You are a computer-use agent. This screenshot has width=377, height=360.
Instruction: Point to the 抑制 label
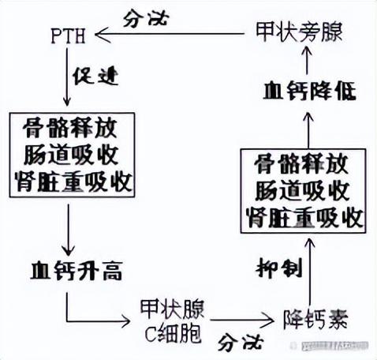click(x=278, y=267)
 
